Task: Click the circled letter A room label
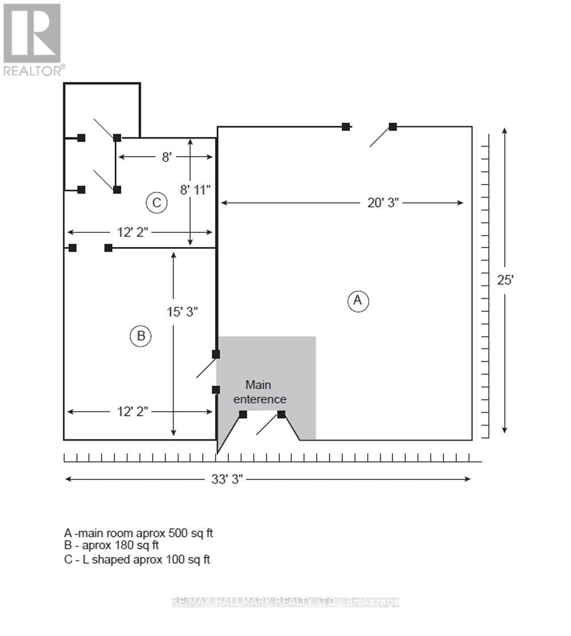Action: point(358,301)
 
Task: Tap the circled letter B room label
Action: point(141,336)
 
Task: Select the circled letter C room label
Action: point(157,202)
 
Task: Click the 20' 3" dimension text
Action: point(383,203)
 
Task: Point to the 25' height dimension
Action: point(505,280)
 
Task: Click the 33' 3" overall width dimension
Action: point(226,479)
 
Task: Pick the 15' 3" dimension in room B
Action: point(182,312)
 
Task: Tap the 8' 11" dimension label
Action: point(195,190)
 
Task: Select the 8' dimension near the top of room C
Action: point(167,157)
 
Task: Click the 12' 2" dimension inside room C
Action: point(133,232)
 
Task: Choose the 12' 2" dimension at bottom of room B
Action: point(133,412)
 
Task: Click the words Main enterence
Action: point(259,392)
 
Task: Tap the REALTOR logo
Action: point(34,40)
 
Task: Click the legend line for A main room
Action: point(138,533)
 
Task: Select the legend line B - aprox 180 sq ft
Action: point(111,546)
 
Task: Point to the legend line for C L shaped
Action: point(137,560)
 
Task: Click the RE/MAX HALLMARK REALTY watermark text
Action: point(285,601)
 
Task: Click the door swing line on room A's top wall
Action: point(381,136)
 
